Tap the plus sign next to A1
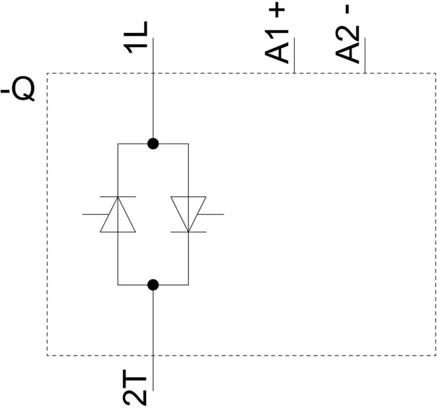pos(277,11)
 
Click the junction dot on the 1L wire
pos(153,144)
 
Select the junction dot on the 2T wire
pos(153,285)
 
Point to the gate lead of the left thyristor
pos(95,214)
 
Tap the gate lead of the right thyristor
pos(211,214)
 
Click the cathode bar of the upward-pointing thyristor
pos(118,197)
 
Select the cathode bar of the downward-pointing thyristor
pos(189,232)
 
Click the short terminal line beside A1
pos(295,55)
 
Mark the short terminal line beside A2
pos(365,55)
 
